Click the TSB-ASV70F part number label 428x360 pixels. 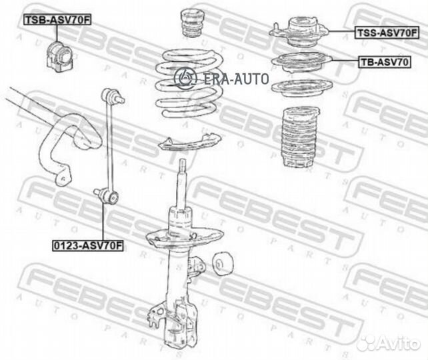[57, 20]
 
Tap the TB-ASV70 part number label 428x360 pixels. [384, 62]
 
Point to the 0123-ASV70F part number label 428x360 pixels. [88, 245]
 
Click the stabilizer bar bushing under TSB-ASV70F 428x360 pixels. [59, 57]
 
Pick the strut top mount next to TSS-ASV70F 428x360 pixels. [299, 32]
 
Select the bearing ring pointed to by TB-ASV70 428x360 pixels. [301, 62]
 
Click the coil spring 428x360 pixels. [189, 83]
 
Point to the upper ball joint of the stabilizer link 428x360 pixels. [112, 96]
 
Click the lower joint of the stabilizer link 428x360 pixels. [107, 196]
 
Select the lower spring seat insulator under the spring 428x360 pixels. [190, 143]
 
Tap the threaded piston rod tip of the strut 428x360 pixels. [183, 165]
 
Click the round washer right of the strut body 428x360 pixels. [222, 264]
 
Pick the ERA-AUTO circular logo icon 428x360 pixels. [185, 78]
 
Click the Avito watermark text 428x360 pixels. [390, 343]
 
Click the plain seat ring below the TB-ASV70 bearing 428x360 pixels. [301, 88]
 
